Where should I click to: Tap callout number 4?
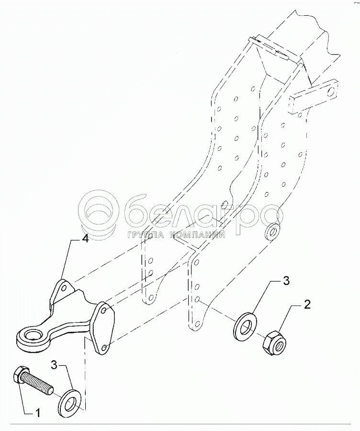(x=85, y=239)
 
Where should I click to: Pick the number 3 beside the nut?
(x=286, y=281)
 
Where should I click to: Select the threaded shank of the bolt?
(x=38, y=383)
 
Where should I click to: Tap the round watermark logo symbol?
(x=99, y=211)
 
